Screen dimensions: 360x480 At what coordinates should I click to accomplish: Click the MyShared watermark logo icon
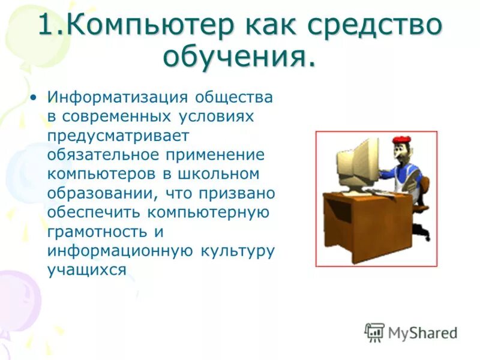[374, 332]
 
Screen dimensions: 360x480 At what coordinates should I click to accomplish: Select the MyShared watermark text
[422, 332]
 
